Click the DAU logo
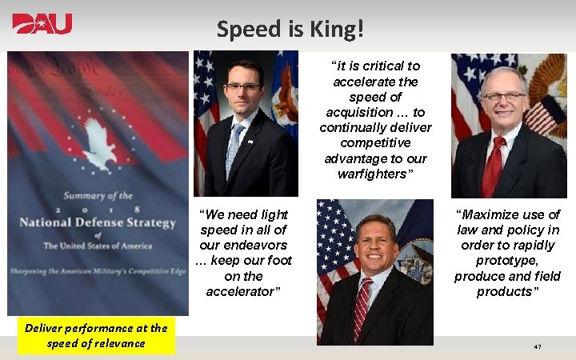42,23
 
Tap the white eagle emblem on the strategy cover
99,145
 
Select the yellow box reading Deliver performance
96,335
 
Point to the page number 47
538,346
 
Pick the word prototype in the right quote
507,261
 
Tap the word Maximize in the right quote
487,214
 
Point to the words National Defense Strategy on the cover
98,222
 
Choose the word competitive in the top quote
375,142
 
